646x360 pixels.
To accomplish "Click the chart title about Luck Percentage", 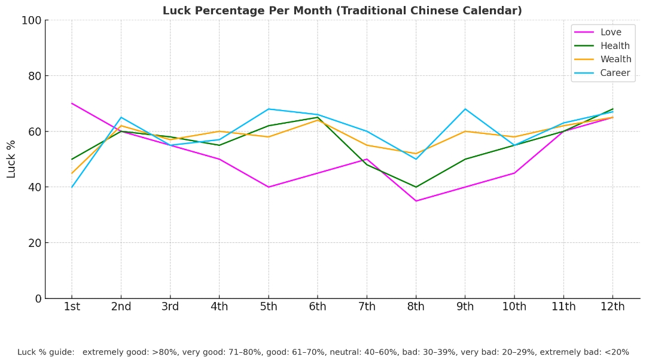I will pyautogui.click(x=342, y=11).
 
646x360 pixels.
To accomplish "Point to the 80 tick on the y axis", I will pyautogui.click(x=34, y=76).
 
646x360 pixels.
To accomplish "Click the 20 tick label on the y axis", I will pyautogui.click(x=34, y=243).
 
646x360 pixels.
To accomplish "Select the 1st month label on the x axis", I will pyautogui.click(x=72, y=307).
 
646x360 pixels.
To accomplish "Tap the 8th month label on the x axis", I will pyautogui.click(x=416, y=307).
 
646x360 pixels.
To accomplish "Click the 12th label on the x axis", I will pyautogui.click(x=612, y=307).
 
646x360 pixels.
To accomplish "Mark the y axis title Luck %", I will pyautogui.click(x=11, y=159).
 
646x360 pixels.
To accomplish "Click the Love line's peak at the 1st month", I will pyautogui.click(x=72, y=103).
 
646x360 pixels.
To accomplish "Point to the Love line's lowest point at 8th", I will pyautogui.click(x=416, y=201).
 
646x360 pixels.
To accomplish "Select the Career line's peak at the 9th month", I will pyautogui.click(x=465, y=109).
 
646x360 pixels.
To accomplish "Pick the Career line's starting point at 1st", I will pyautogui.click(x=72, y=187).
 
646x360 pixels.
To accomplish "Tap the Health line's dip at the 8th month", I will pyautogui.click(x=416, y=187).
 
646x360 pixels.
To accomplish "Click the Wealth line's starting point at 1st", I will pyautogui.click(x=72, y=173).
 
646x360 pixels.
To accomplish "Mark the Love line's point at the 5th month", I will pyautogui.click(x=269, y=187).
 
